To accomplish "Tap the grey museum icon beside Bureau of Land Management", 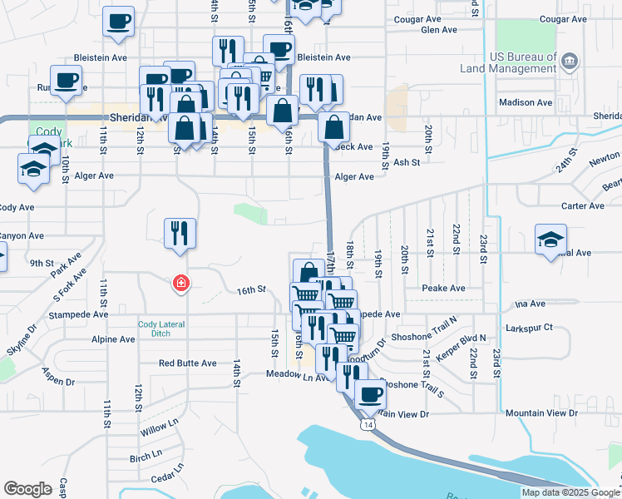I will pyautogui.click(x=570, y=60).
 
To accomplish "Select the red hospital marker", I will pyautogui.click(x=179, y=284).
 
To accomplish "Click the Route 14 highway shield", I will pyautogui.click(x=368, y=425).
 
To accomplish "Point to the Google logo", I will pyautogui.click(x=27, y=489).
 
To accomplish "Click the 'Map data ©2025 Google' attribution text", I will pyautogui.click(x=570, y=492).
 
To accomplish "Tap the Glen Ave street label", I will pyautogui.click(x=439, y=30).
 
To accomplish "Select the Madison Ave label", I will pyautogui.click(x=526, y=102).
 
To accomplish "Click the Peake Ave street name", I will pyautogui.click(x=442, y=288).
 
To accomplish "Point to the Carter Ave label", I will pyautogui.click(x=582, y=206).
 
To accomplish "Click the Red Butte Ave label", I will pyautogui.click(x=188, y=363).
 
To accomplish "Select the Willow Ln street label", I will pyautogui.click(x=160, y=428).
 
